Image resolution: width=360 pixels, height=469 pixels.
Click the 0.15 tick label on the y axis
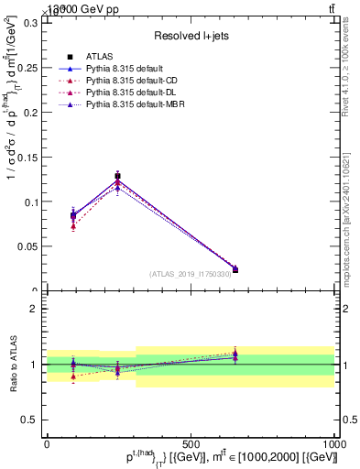(x=27, y=157)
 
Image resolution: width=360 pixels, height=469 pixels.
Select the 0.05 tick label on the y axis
(x=27, y=246)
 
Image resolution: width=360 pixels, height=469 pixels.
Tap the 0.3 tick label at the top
(x=31, y=22)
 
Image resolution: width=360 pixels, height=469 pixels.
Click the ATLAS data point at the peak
(x=117, y=176)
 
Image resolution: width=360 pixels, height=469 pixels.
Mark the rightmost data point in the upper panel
(x=235, y=269)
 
